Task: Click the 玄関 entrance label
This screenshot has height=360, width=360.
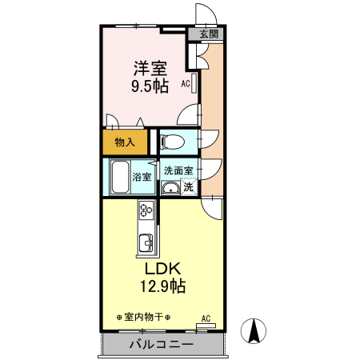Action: click(x=208, y=34)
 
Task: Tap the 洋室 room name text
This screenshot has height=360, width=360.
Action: click(x=149, y=68)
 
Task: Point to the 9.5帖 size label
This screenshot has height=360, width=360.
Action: click(x=149, y=85)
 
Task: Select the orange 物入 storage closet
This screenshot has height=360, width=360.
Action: click(x=124, y=142)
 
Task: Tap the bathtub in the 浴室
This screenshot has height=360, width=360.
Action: click(x=119, y=176)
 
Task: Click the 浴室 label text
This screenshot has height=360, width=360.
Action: click(x=142, y=177)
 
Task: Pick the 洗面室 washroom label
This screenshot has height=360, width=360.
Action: click(x=178, y=170)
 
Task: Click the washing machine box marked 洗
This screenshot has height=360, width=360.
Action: click(x=188, y=188)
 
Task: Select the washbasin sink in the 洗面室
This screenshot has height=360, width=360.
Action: click(x=170, y=188)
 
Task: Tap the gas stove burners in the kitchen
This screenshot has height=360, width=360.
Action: click(x=146, y=212)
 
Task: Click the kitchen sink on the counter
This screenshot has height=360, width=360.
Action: click(x=146, y=242)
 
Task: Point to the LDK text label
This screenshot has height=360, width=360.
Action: click(x=163, y=268)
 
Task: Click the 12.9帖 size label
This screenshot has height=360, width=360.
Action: click(x=163, y=286)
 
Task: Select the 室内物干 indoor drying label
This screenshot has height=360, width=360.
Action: click(x=143, y=317)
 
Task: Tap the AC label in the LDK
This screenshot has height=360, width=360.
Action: click(x=205, y=317)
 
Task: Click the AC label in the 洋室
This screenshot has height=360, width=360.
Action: click(x=185, y=82)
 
